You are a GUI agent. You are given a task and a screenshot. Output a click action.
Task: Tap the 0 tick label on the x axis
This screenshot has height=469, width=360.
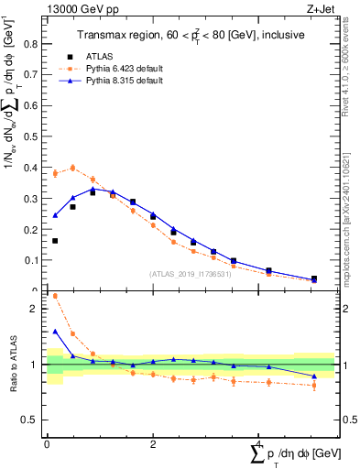point(47,444)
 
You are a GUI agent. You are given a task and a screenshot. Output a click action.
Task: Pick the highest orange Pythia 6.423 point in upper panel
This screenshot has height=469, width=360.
point(72,168)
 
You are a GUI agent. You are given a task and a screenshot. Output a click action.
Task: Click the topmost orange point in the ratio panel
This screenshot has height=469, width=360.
point(55,296)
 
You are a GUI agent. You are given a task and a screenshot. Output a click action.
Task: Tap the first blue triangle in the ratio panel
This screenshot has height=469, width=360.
point(55,332)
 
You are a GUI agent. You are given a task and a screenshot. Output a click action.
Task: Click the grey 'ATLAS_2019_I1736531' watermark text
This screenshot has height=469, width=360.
point(191,273)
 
